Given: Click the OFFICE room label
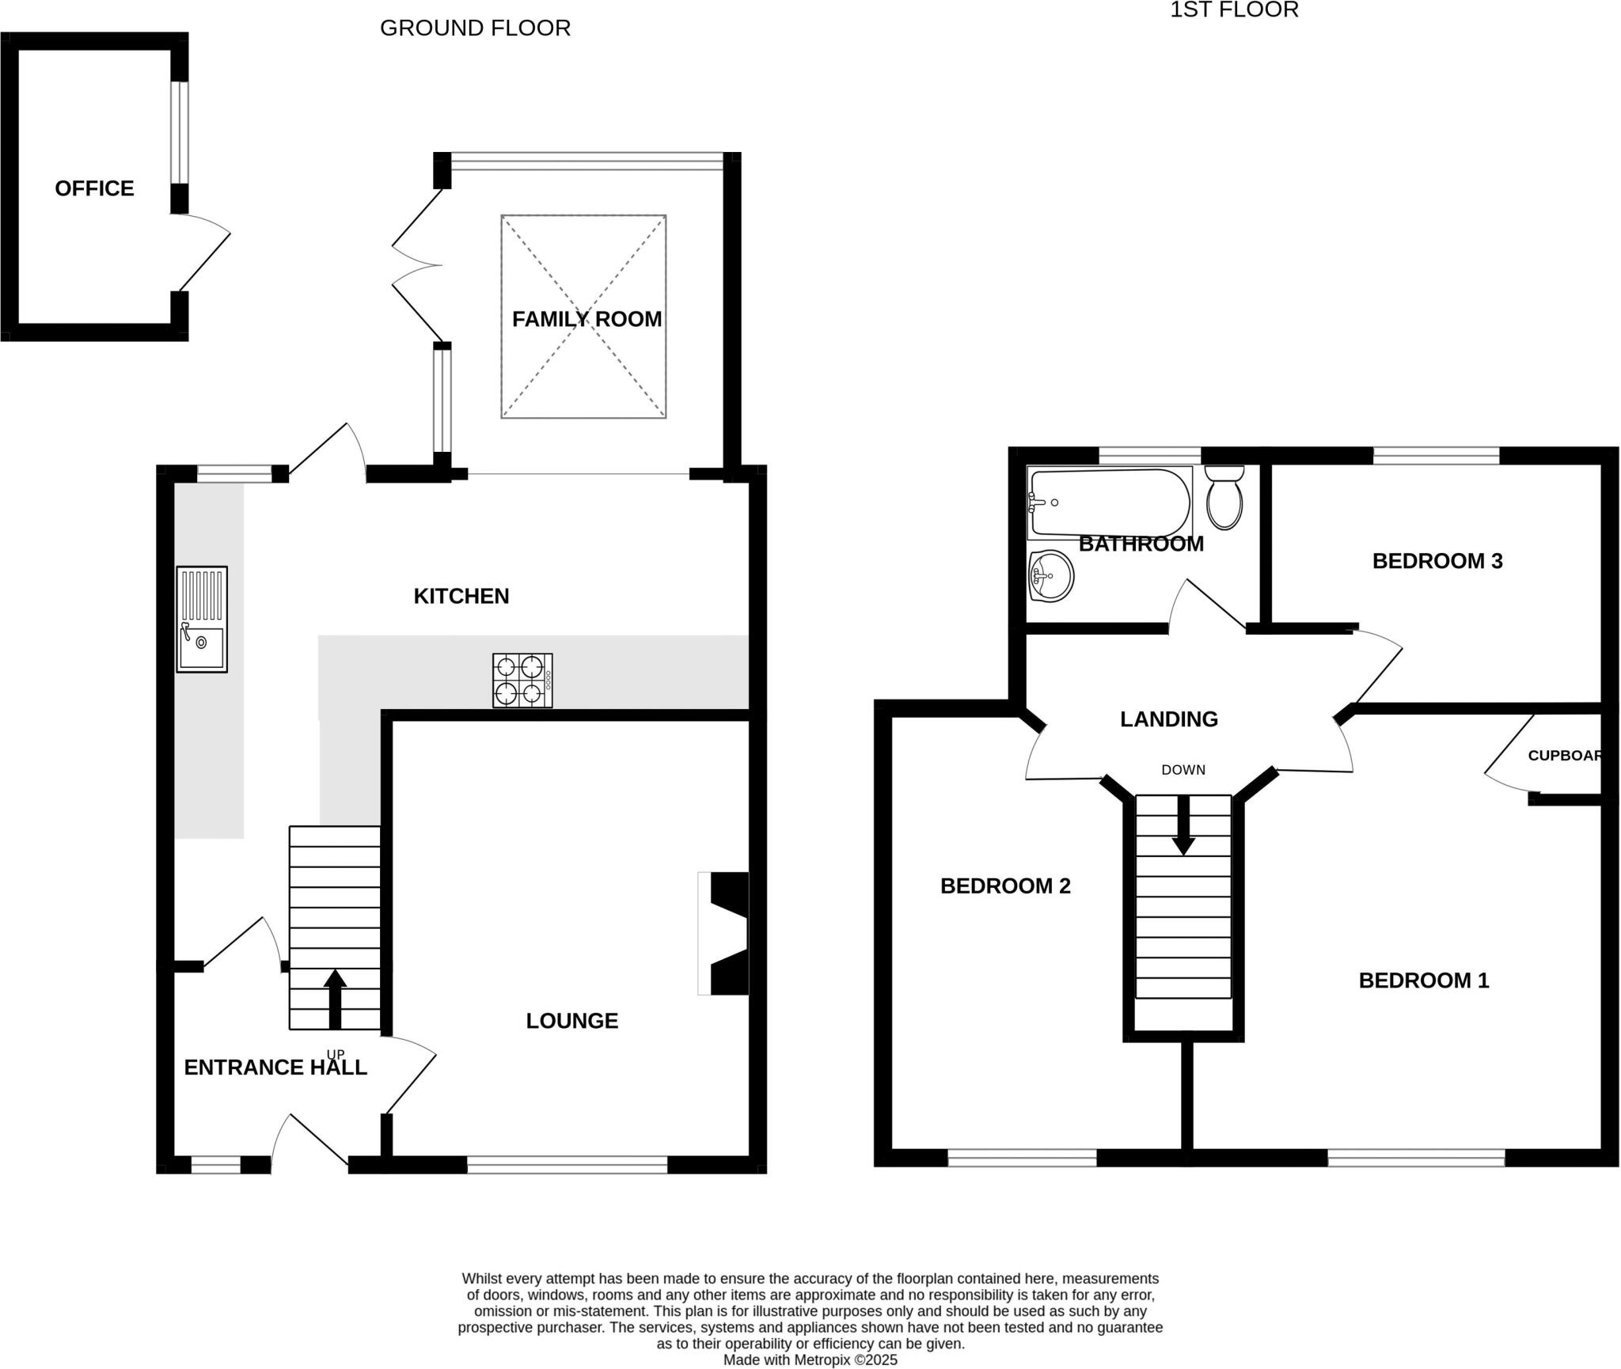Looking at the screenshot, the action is click(94, 188).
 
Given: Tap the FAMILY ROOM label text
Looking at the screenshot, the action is click(587, 319).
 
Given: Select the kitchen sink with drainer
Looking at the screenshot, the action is click(202, 620).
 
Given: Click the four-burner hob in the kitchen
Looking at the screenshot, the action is click(522, 681).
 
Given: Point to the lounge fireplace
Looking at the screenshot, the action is click(723, 933).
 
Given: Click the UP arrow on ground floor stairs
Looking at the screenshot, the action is click(335, 999).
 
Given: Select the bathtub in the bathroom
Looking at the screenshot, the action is click(1109, 502).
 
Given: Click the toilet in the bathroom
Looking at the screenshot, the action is click(1224, 498).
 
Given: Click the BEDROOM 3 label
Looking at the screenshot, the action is click(1437, 561).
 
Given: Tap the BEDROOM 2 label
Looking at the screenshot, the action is click(1005, 886).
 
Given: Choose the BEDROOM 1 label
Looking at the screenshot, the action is click(1424, 981).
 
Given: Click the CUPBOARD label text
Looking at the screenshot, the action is click(1565, 756).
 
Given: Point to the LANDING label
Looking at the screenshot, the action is click(1169, 719).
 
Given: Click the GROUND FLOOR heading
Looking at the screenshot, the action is click(475, 28).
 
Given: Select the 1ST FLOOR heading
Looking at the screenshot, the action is click(1235, 9).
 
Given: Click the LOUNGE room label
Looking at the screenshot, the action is click(572, 1021).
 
